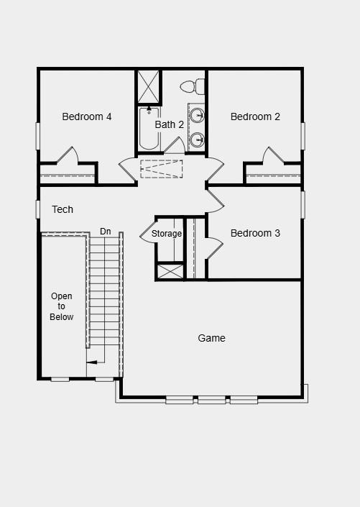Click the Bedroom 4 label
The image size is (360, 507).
pos(86,117)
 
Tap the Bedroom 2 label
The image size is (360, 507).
pos(255,117)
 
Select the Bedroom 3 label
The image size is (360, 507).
pos(255,233)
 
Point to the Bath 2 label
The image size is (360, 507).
pos(170,124)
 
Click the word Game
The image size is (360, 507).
pos(211,338)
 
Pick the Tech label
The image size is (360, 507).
pos(63,209)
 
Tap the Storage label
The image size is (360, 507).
pos(167,234)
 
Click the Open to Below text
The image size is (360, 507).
pos(62,306)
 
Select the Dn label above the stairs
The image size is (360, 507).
pos(106,231)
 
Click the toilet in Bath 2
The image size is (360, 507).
pos(190,86)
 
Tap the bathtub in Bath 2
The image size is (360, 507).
pos(149,129)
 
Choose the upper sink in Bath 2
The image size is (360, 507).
pos(197,114)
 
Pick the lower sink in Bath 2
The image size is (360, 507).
pos(197,139)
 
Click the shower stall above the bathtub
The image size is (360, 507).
pos(149,87)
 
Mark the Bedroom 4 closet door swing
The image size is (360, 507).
pos(68,155)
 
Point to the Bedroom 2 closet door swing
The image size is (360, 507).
pos(273,155)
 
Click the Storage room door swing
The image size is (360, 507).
pos(146,234)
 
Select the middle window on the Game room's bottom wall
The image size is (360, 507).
pos(211,399)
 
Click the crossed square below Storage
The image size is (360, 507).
pos(170,271)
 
